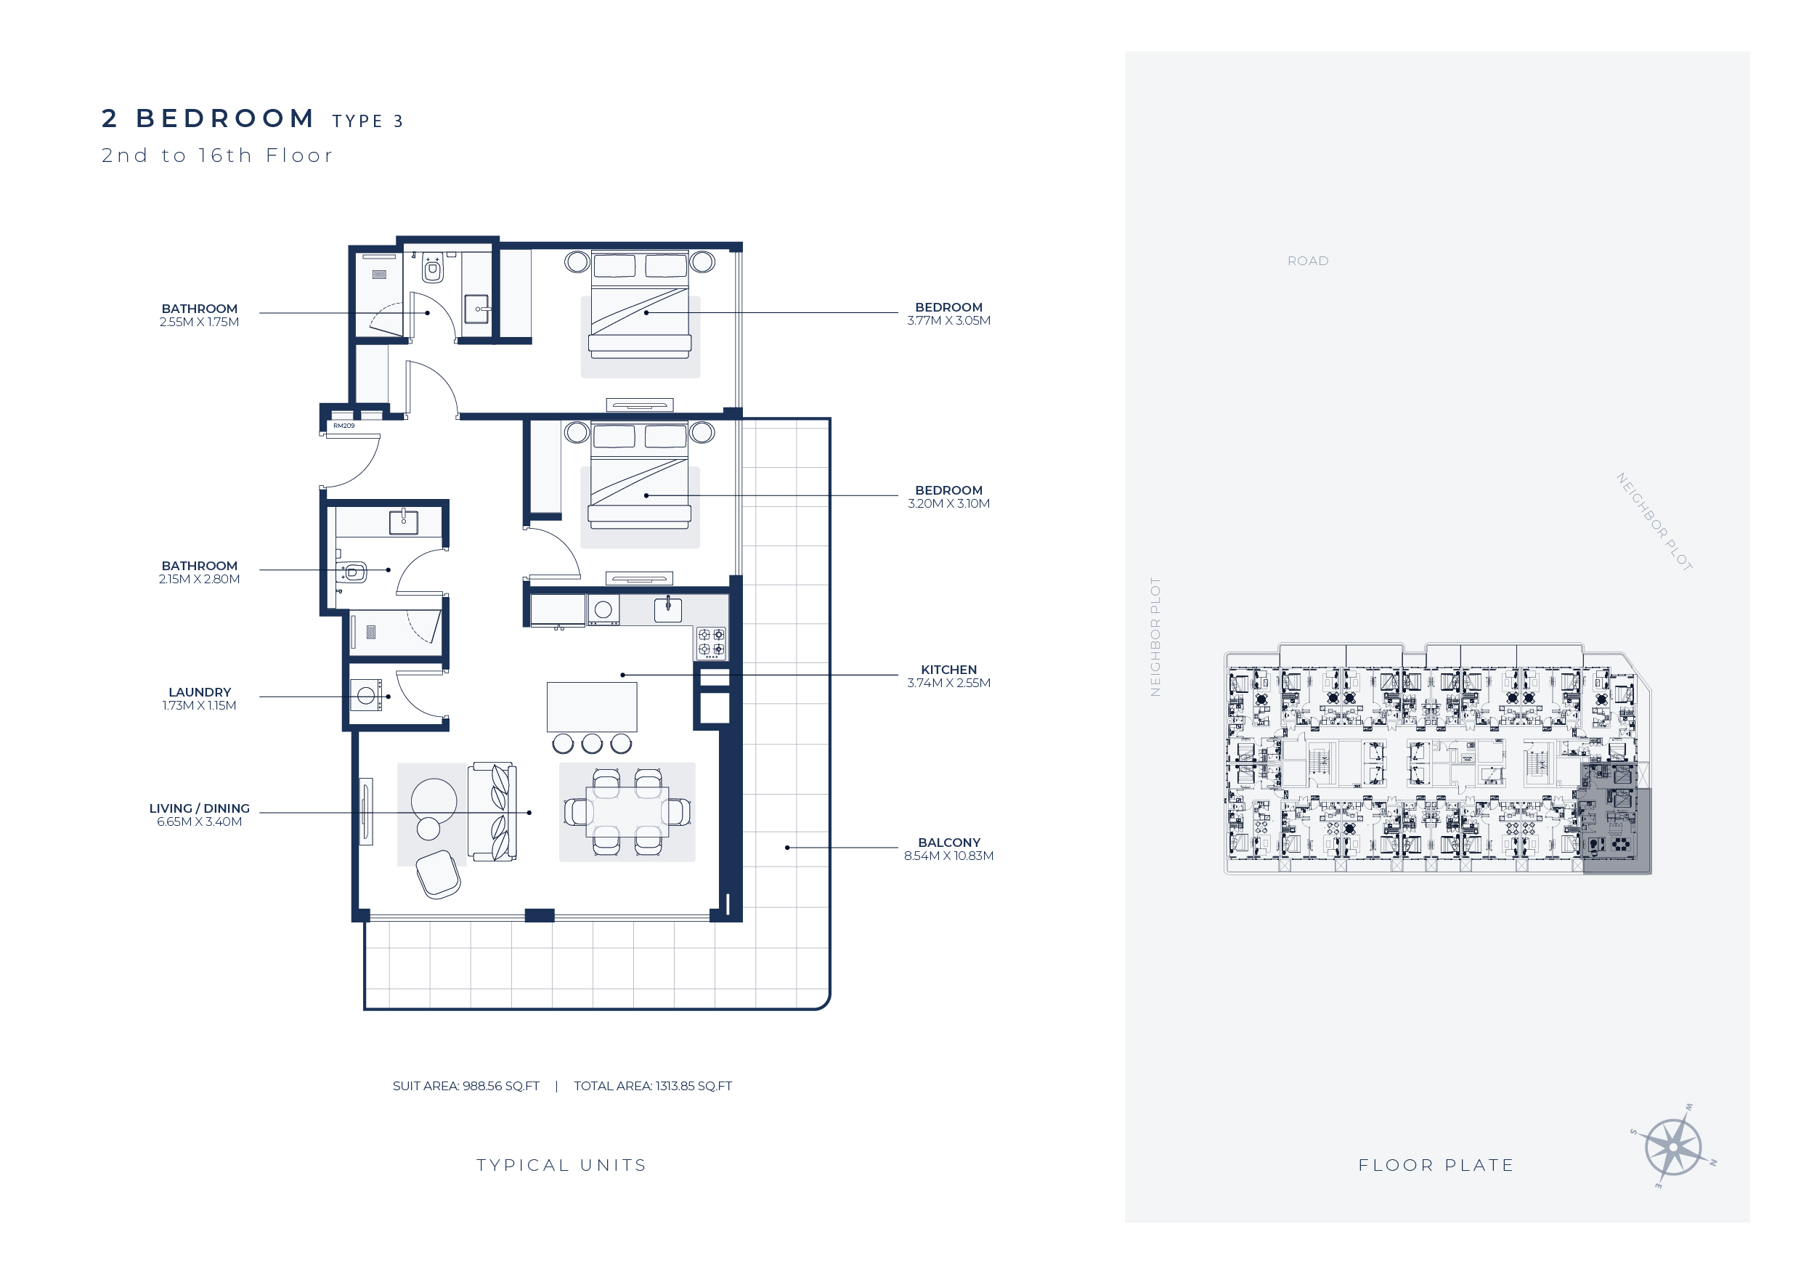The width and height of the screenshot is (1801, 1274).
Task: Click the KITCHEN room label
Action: point(948,669)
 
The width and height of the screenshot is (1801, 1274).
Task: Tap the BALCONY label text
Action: point(948,843)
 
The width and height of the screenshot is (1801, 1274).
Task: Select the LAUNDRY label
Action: point(199,692)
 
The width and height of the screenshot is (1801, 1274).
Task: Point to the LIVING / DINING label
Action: point(199,808)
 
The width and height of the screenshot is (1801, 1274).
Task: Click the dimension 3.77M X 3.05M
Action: point(948,320)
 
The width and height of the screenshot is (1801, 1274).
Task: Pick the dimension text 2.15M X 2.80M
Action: point(199,579)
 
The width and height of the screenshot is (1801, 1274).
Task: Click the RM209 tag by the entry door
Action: point(343,426)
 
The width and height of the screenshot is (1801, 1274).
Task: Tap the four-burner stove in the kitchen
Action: point(712,643)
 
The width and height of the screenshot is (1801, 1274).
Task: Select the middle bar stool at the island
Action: point(593,743)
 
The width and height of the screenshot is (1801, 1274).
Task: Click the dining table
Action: point(627,813)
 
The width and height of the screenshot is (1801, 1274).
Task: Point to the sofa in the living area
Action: point(492,811)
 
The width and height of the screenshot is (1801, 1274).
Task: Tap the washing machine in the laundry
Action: point(365,695)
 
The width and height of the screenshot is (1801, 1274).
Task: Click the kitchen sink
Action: point(668,609)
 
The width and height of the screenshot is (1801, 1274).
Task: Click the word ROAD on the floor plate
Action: point(1308,261)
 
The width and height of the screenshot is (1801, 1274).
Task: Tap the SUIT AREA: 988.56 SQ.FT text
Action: point(466,1086)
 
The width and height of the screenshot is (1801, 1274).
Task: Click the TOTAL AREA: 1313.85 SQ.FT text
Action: point(653,1086)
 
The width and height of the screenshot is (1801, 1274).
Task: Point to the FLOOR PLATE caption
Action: point(1436,1165)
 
